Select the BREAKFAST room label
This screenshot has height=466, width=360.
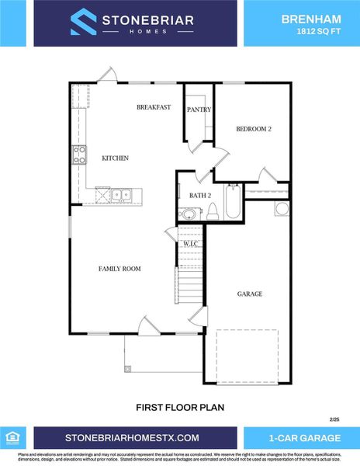[x=154, y=107]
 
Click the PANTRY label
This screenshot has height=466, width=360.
[x=199, y=110]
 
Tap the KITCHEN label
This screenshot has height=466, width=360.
[x=115, y=158]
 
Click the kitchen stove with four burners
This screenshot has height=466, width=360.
[x=79, y=155]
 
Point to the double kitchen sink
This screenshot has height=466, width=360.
[x=119, y=195]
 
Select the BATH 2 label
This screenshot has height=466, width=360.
[x=190, y=196]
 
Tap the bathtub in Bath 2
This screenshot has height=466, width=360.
[x=232, y=201]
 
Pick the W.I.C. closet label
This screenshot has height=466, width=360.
[x=191, y=245]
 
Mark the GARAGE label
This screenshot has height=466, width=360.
[x=249, y=294]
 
